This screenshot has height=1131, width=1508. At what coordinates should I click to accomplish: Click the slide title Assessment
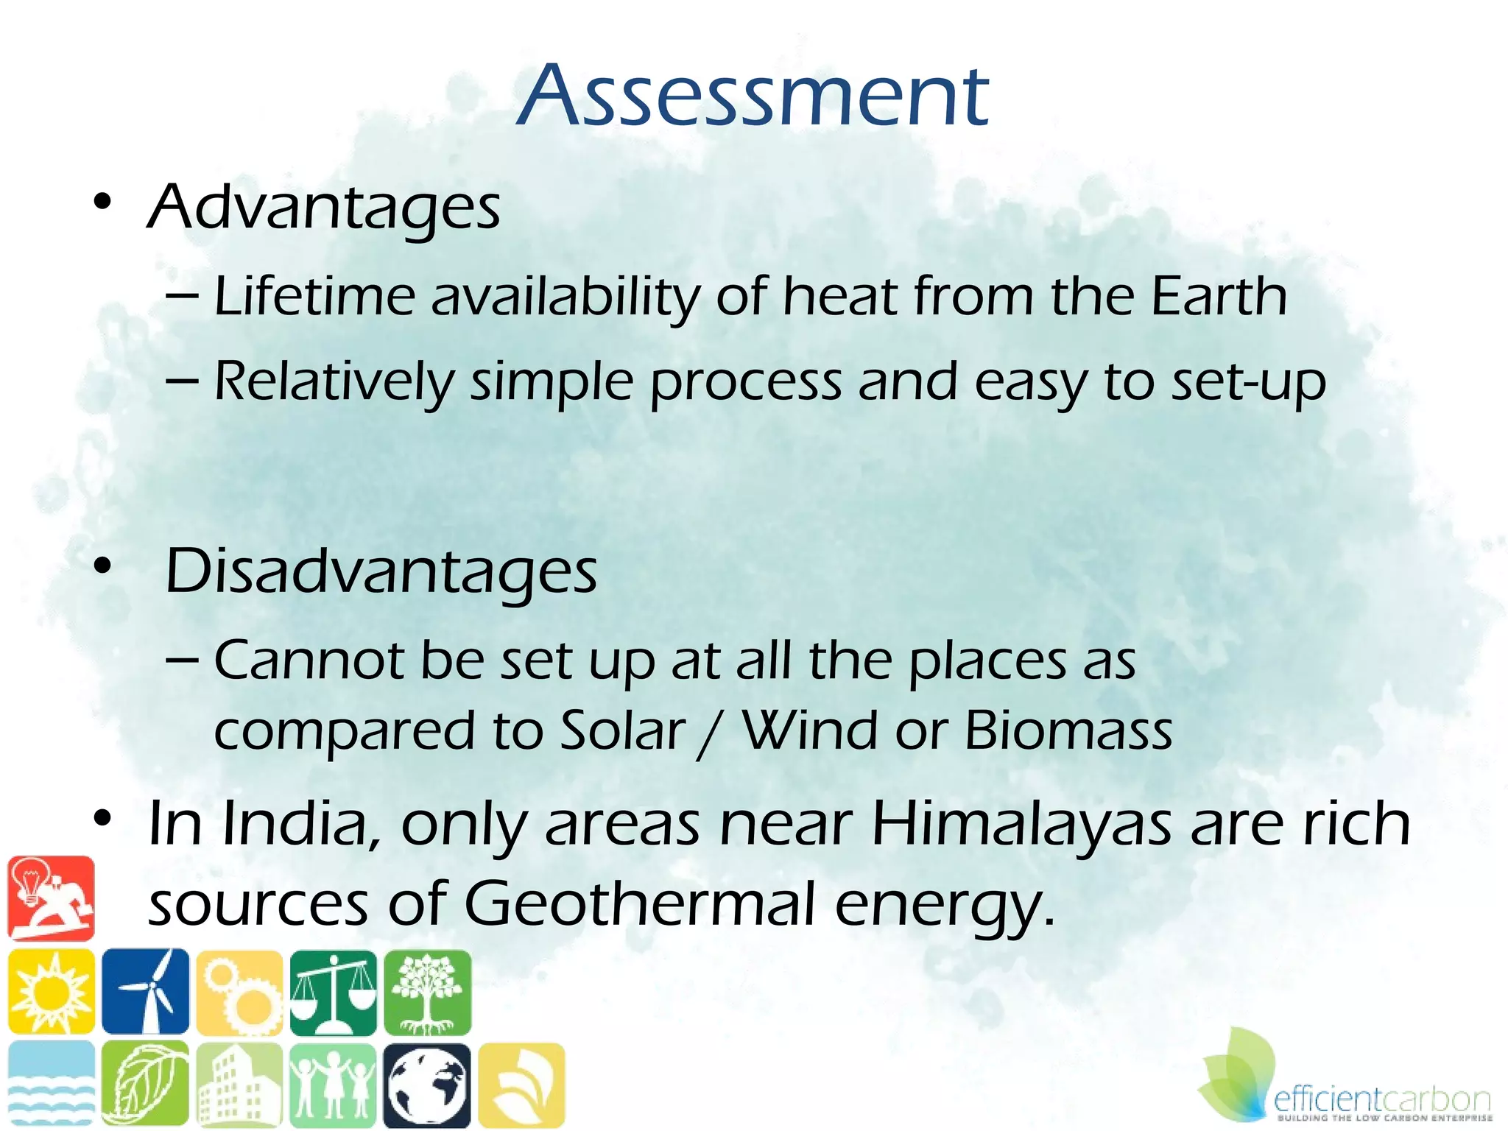[753, 96]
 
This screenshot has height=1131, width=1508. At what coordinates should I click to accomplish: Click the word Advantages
[324, 208]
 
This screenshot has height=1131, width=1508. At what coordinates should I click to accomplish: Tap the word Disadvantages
[381, 572]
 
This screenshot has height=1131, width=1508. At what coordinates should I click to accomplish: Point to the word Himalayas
[1021, 825]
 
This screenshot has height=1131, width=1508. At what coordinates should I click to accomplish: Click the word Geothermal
[639, 904]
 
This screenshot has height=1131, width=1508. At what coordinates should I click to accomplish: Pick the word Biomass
[1068, 730]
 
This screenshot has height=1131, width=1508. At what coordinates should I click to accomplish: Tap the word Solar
[622, 730]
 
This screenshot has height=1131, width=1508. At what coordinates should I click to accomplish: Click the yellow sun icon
[52, 991]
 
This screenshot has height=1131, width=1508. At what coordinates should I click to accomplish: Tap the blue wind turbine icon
[146, 991]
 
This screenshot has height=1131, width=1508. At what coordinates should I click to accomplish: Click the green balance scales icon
[333, 991]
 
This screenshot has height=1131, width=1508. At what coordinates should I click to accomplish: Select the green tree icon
[427, 991]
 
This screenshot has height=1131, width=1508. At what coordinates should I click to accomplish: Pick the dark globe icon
[427, 1085]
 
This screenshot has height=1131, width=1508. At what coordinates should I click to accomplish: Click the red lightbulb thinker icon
[52, 898]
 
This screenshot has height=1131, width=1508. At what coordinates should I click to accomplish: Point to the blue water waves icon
[52, 1085]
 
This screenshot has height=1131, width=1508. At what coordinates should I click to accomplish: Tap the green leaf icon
[146, 1085]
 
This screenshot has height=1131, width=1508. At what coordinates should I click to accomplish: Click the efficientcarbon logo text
[1381, 1100]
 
